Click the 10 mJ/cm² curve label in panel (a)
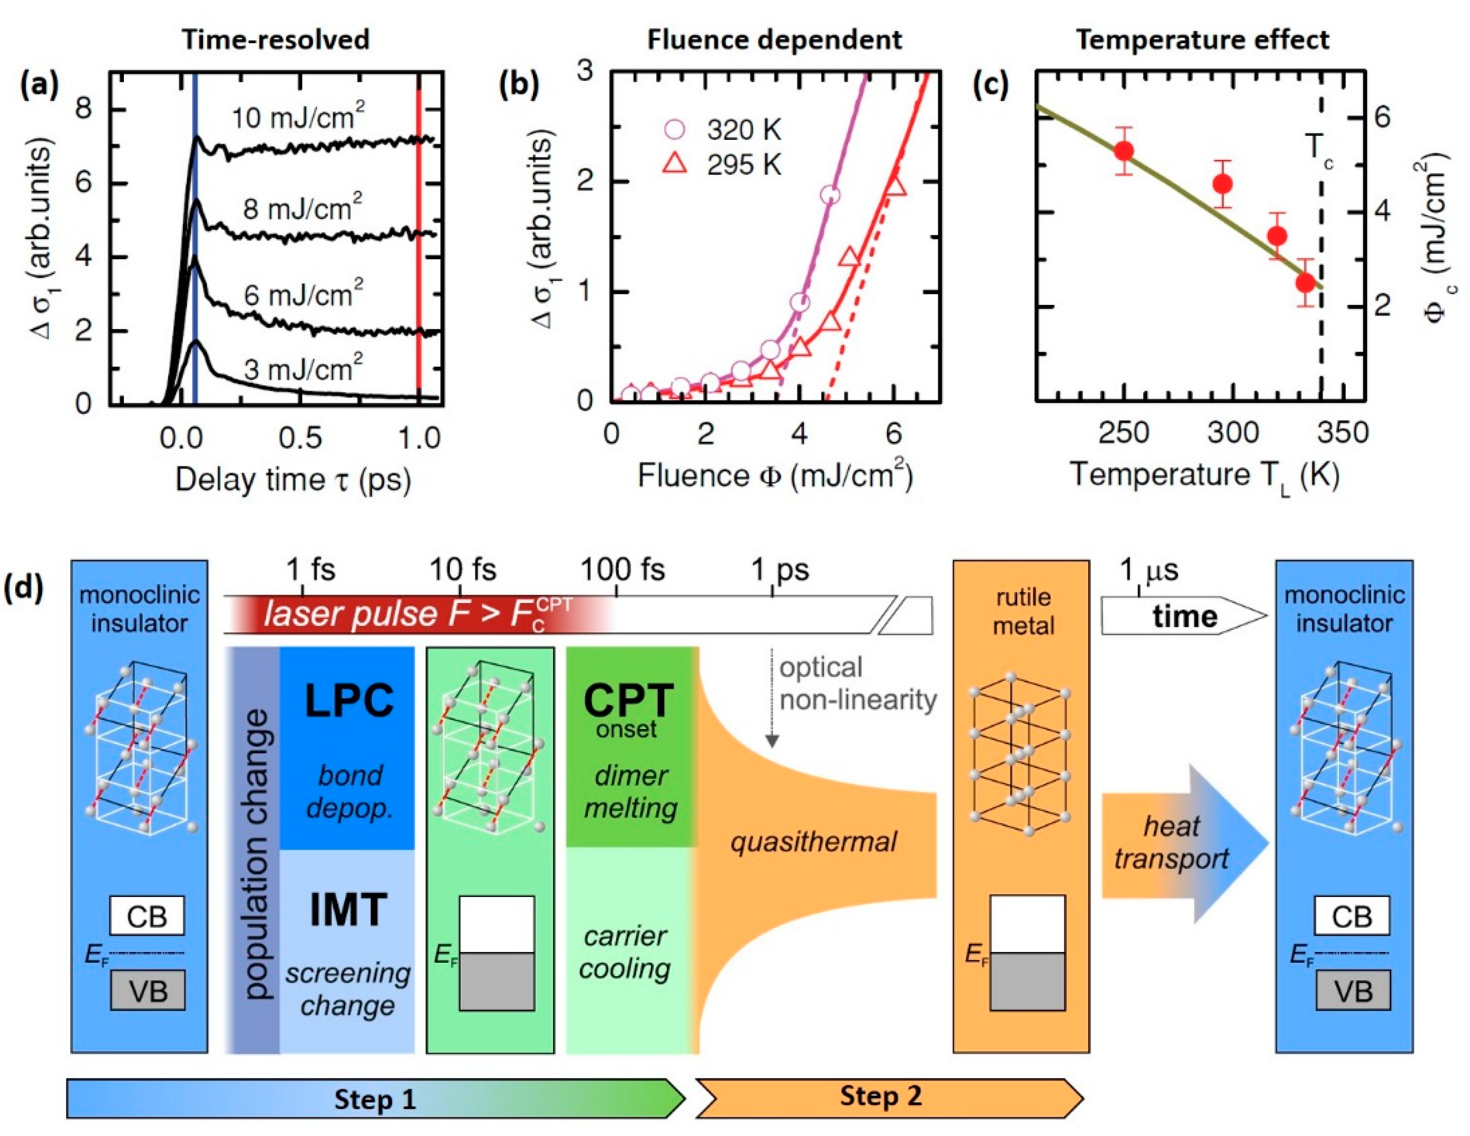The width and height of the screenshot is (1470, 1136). [298, 118]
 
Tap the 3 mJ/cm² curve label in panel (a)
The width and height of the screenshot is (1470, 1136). [303, 369]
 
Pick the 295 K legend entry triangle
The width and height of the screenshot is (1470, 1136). [675, 164]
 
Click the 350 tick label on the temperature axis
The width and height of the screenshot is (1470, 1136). [1342, 432]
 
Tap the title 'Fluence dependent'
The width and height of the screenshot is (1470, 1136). [774, 40]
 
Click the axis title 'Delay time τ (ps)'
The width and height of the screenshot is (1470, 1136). [294, 480]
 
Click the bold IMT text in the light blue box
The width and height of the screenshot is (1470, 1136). [348, 909]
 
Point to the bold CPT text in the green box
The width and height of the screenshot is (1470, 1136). [628, 700]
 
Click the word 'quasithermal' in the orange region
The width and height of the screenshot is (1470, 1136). [814, 842]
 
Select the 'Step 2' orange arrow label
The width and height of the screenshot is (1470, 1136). [881, 1096]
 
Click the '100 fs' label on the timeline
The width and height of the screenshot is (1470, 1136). [622, 570]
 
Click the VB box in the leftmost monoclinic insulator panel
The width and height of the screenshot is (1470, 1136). [147, 990]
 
